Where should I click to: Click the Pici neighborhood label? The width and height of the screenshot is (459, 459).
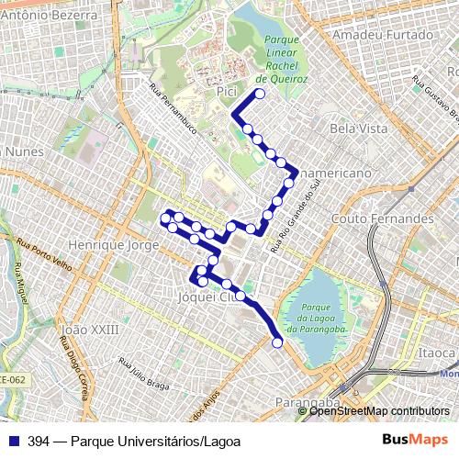pos(228,93)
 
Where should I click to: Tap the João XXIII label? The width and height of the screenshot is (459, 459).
pos(89,329)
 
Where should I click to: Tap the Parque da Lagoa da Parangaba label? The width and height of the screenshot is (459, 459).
pos(314,318)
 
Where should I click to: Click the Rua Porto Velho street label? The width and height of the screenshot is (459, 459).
pos(44,254)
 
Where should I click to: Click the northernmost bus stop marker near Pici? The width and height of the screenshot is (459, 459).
pos(260,94)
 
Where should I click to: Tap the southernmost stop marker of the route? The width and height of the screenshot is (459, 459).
pos(277,343)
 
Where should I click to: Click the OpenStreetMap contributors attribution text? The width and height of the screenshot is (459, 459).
pos(378,411)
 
